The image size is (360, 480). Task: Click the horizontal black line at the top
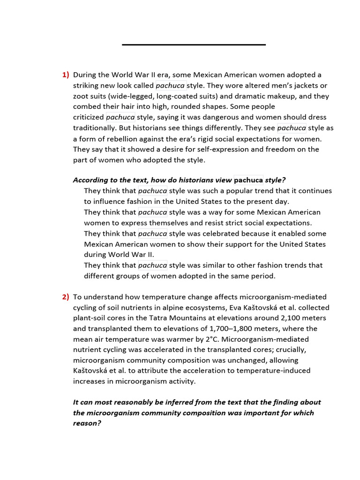194,45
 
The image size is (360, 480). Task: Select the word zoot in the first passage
81,96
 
